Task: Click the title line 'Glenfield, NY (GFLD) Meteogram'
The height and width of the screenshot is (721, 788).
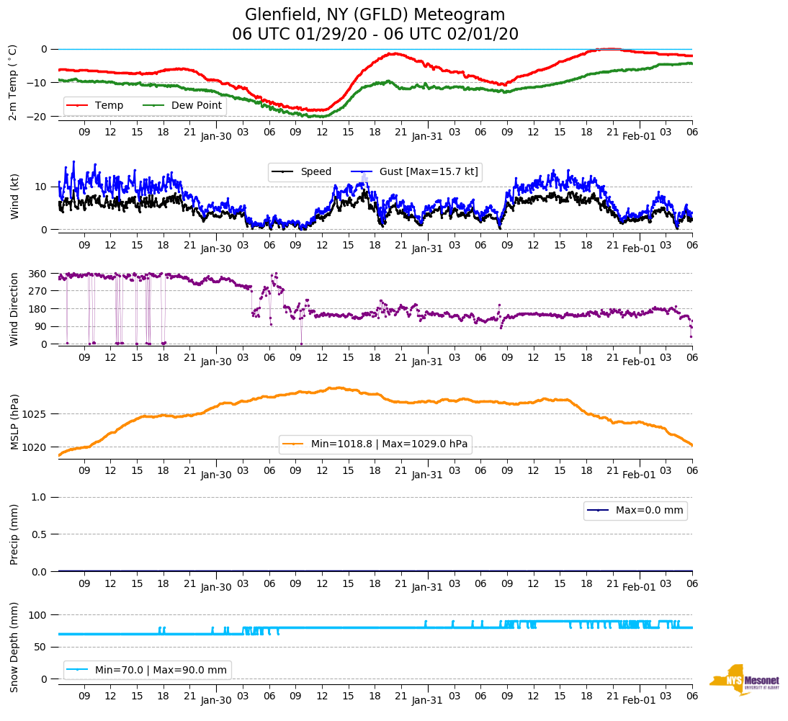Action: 375,15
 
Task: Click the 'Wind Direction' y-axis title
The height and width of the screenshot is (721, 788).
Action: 14,309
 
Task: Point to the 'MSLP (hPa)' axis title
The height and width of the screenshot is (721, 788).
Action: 14,421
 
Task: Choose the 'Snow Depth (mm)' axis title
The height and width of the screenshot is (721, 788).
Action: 14,646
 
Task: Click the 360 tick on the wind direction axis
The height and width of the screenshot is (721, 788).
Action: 38,274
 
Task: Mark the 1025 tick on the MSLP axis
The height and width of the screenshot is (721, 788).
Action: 35,414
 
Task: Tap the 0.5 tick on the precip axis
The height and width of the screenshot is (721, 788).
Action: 40,534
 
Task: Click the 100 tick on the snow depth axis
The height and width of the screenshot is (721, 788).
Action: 38,615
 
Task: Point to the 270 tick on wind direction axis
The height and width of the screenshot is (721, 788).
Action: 38,291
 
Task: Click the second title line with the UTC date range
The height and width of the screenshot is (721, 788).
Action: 375,35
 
